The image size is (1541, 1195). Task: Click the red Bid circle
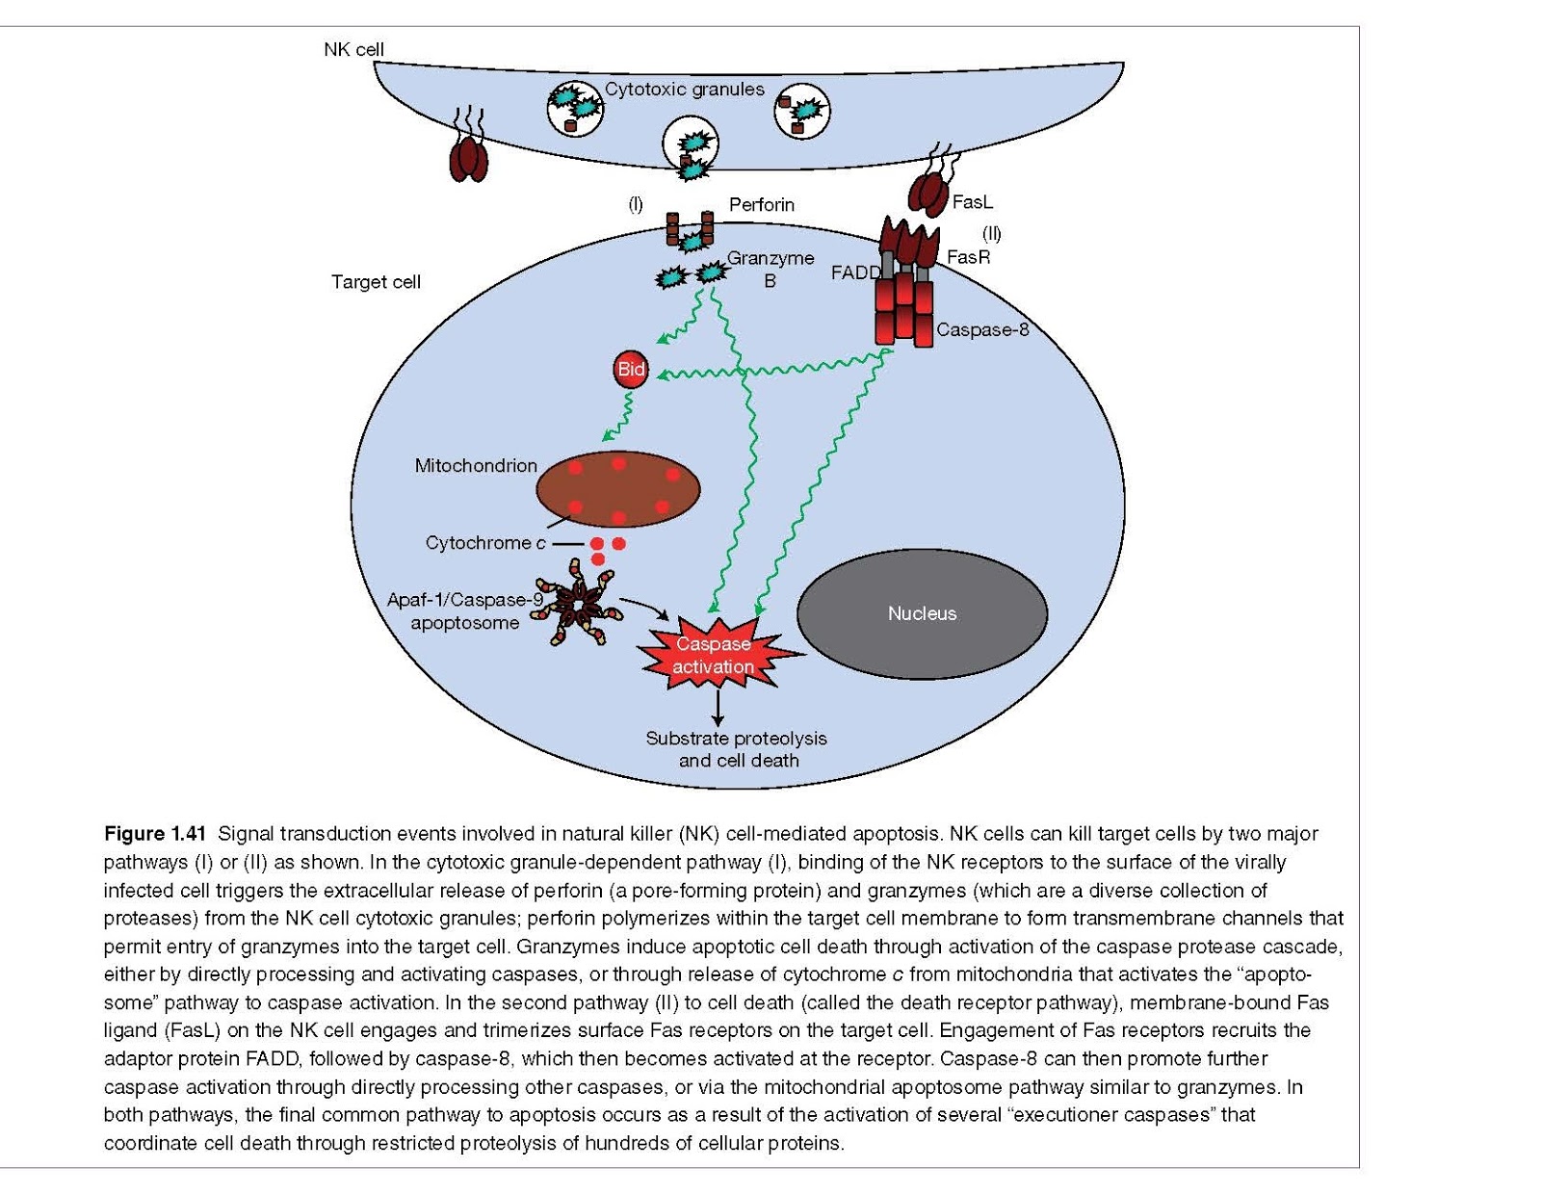631,370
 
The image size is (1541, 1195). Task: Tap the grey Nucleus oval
922,613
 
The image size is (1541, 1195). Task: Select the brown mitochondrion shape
617,489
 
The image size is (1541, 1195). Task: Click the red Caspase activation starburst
715,655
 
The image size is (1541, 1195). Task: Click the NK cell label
353,49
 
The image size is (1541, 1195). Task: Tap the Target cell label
376,282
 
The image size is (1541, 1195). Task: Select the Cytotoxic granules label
684,90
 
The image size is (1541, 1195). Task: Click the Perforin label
761,204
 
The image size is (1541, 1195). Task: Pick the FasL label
971,202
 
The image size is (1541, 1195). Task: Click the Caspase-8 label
981,330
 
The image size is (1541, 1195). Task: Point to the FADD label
855,273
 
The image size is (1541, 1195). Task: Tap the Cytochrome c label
485,543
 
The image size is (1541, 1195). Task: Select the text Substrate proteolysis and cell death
737,749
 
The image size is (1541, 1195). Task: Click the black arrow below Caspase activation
717,707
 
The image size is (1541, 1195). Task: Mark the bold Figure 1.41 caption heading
155,834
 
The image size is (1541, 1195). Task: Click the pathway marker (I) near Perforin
636,204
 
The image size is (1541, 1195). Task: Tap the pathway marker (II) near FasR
991,233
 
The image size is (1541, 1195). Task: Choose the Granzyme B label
770,269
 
